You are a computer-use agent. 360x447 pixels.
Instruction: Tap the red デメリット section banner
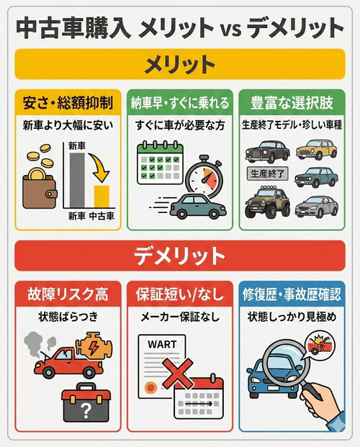point(180,256)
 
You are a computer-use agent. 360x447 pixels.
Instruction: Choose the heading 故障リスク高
point(68,294)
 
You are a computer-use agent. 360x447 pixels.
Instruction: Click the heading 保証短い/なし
point(179,294)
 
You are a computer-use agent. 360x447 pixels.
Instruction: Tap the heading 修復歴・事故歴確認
point(292,294)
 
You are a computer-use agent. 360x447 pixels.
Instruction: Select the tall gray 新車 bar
point(78,180)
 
